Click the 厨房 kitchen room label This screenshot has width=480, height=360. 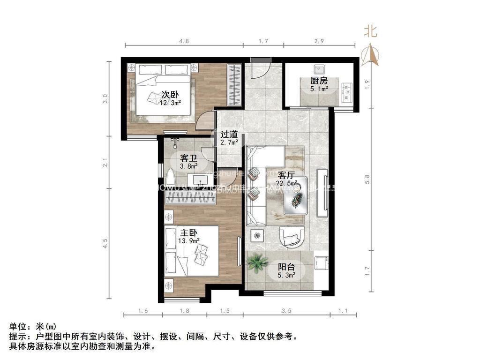[318, 84]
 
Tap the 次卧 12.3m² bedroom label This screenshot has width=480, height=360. [170, 97]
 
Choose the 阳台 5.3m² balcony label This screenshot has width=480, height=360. [286, 271]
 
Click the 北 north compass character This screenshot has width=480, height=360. [371, 32]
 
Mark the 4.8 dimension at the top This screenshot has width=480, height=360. [184, 41]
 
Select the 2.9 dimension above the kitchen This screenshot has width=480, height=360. [319, 41]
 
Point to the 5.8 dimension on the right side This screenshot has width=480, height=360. [368, 179]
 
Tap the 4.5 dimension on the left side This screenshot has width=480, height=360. [105, 244]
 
